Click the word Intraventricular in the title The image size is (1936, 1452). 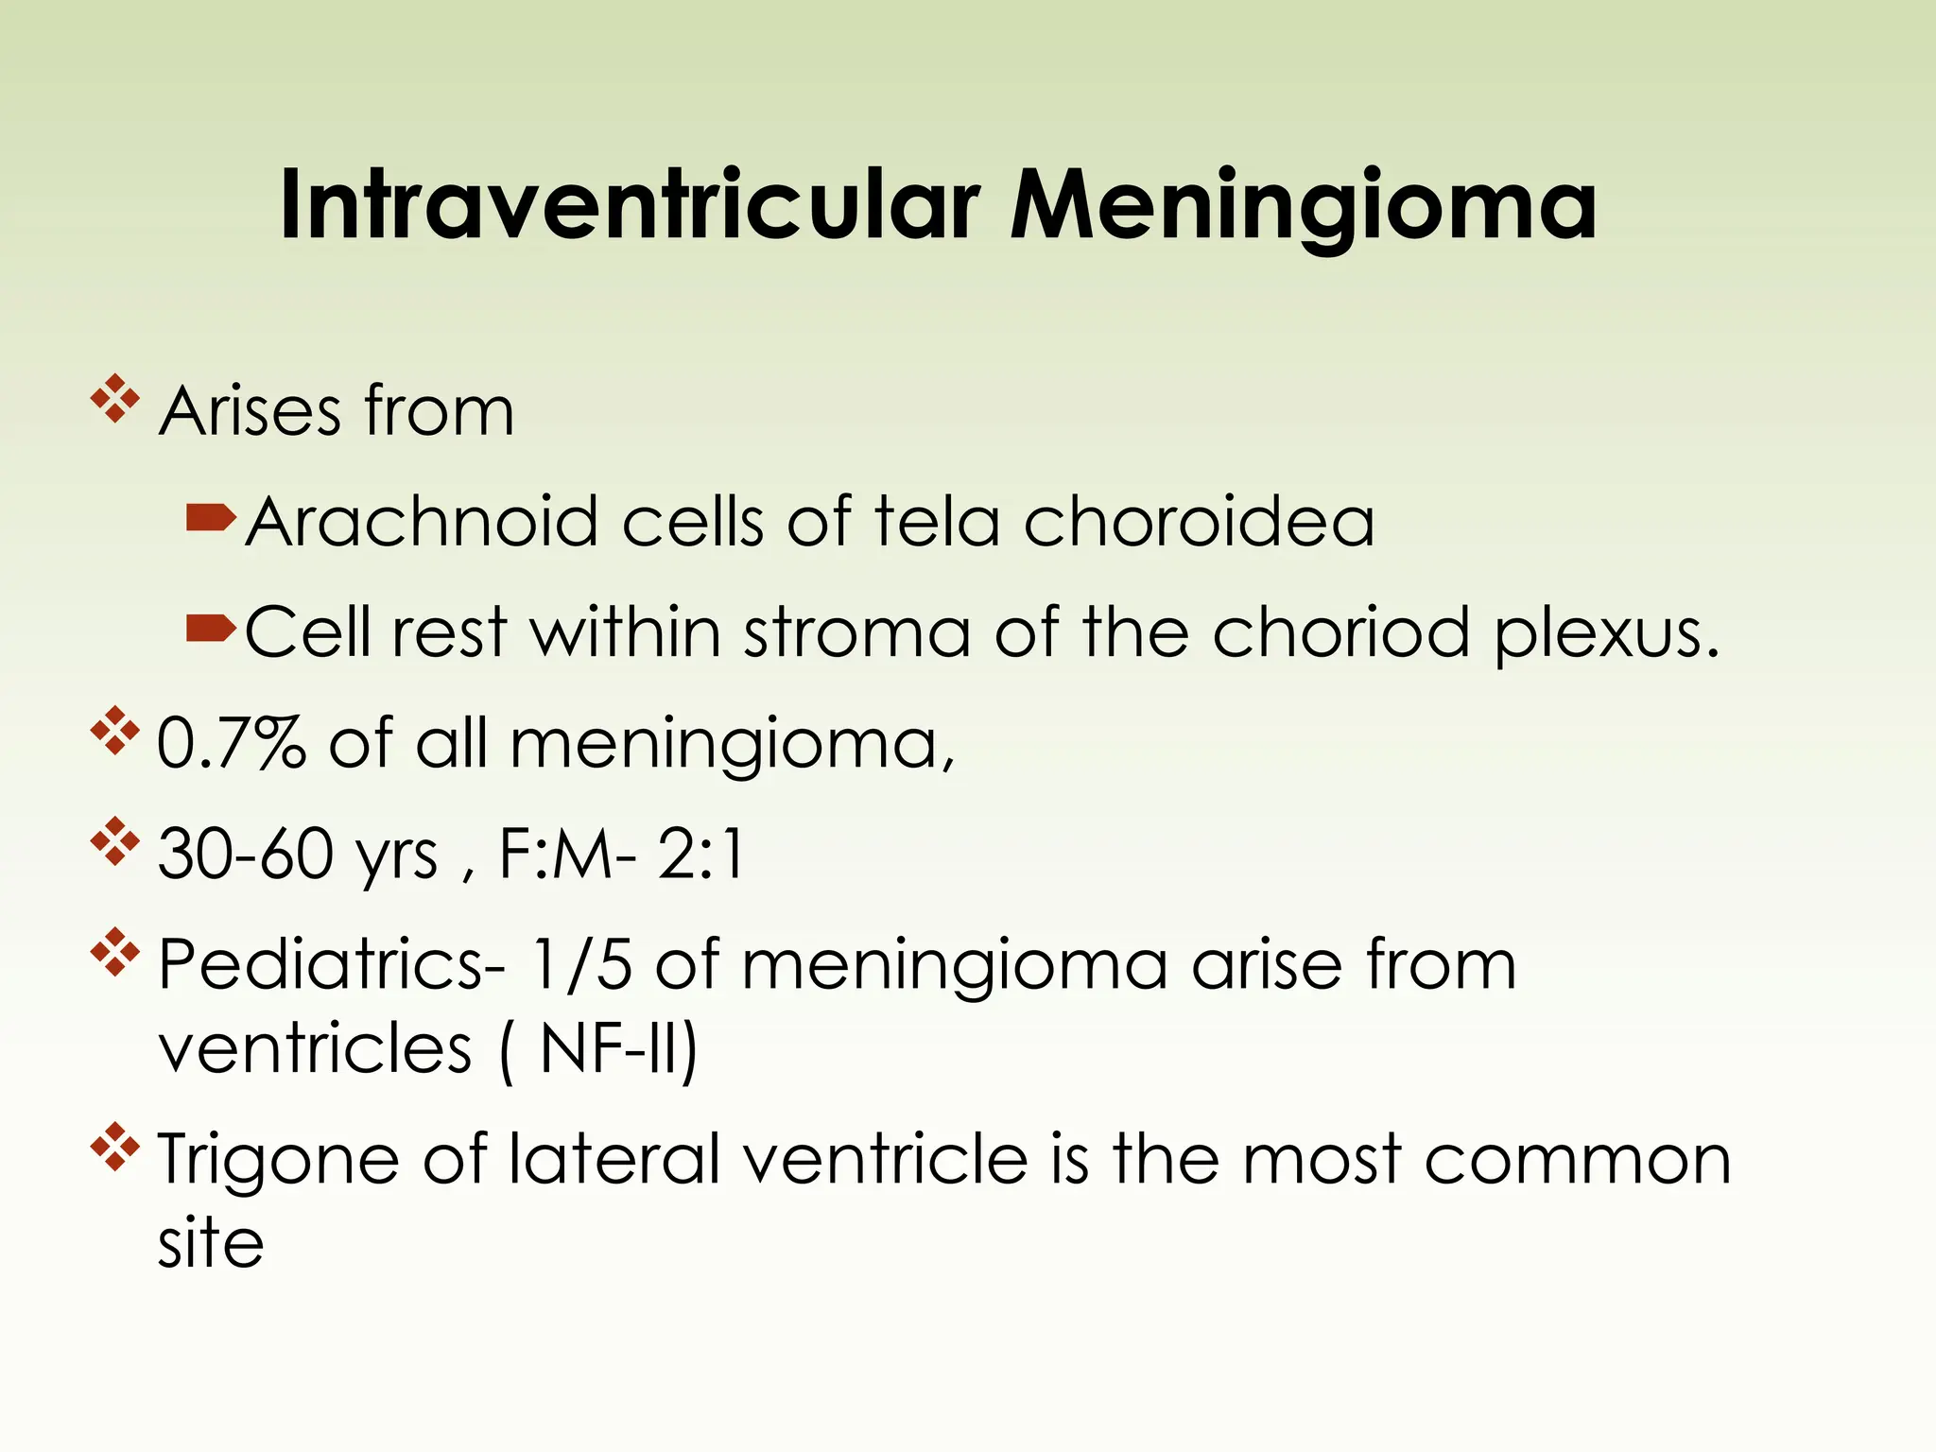[x=629, y=205]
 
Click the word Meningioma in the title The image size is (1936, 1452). [x=1304, y=205]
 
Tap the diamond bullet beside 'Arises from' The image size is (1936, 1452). [x=114, y=399]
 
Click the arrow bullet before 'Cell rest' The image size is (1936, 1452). [x=211, y=627]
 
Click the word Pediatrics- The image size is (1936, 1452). [x=332, y=964]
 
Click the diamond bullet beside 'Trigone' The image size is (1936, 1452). [x=114, y=1146]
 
